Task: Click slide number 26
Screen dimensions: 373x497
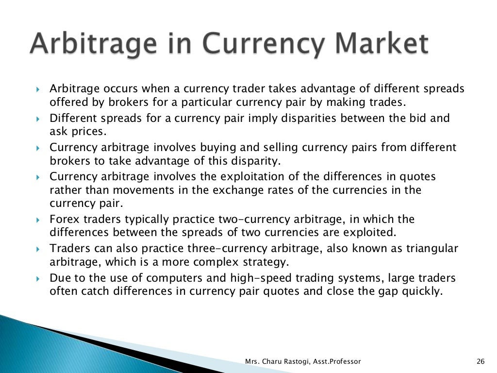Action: [481, 361]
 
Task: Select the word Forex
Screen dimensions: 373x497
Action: [64, 220]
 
